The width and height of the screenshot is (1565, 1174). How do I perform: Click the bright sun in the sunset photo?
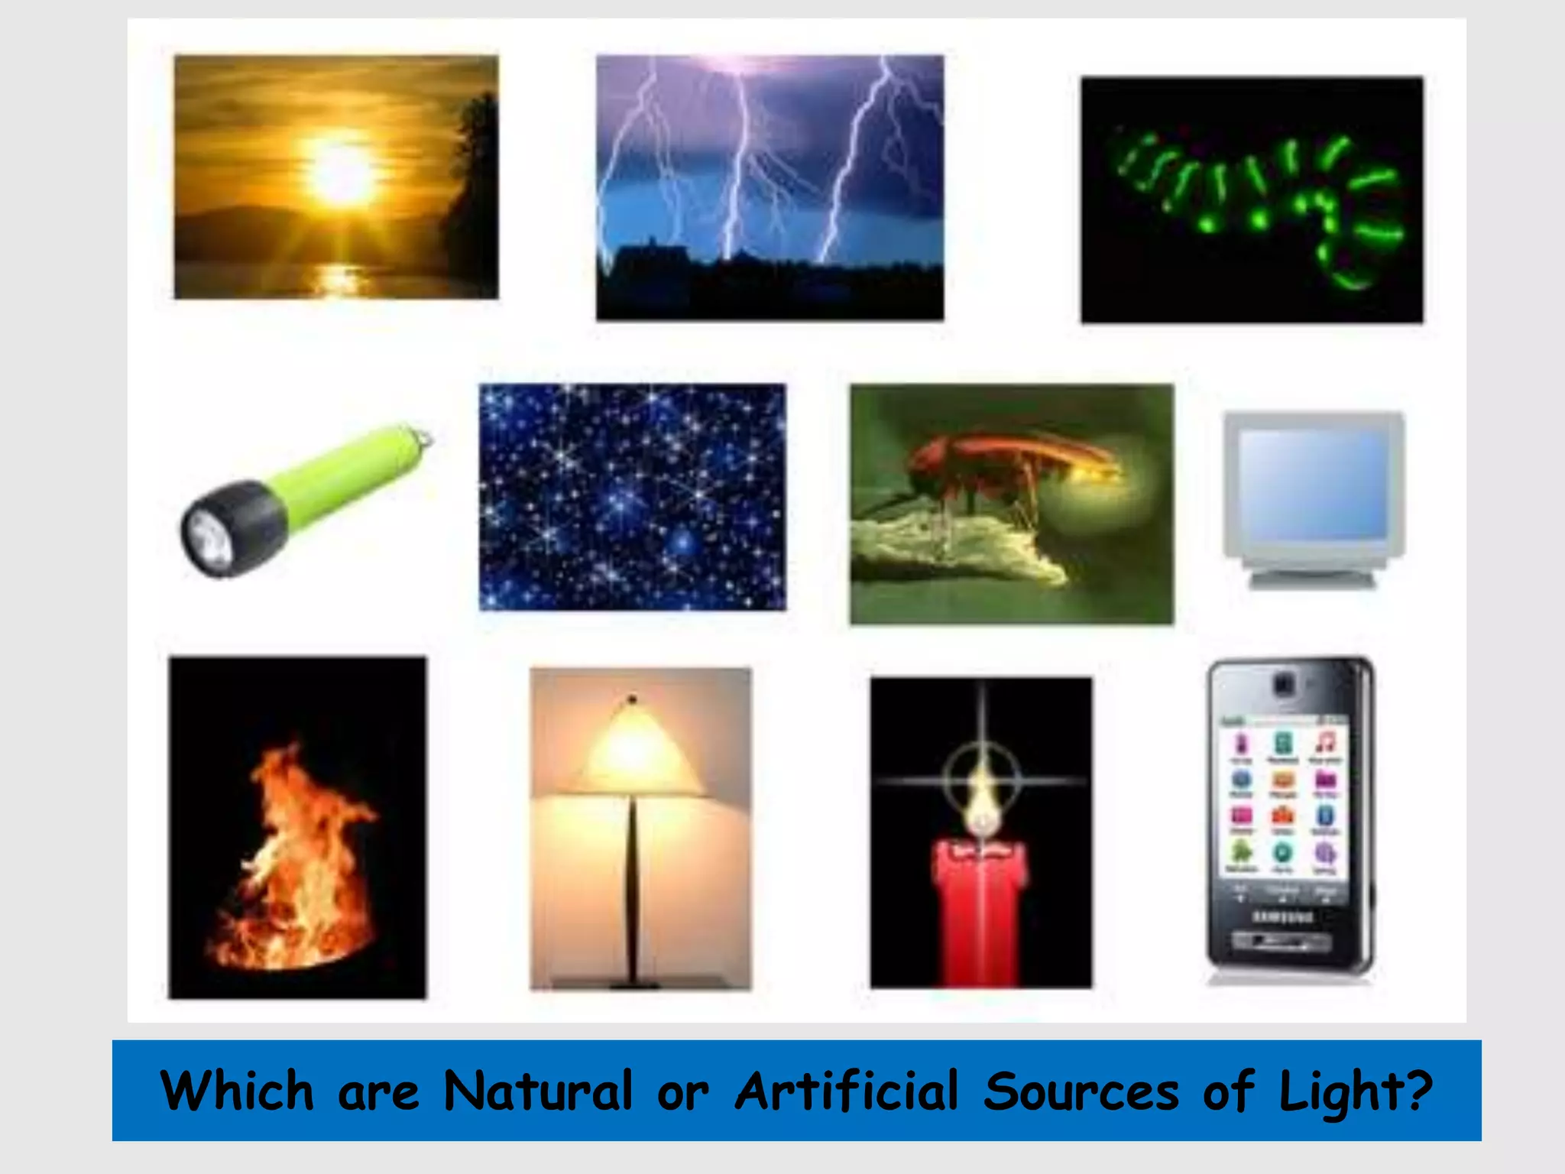tap(341, 174)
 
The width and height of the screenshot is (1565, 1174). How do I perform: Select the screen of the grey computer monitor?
tap(1313, 483)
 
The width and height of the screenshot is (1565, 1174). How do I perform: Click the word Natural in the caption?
tap(538, 1091)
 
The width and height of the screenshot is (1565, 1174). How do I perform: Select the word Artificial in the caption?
tap(846, 1091)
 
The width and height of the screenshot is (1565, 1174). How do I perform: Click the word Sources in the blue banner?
tap(1081, 1091)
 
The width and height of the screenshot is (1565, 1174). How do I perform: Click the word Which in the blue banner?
tap(238, 1091)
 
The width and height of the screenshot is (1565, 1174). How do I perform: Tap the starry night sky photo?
tap(632, 497)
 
